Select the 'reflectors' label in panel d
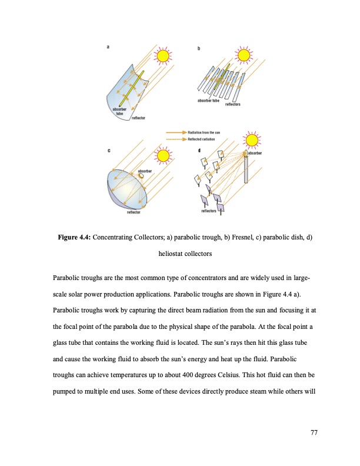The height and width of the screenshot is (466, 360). (209, 210)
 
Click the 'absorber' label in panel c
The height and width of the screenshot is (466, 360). (145, 171)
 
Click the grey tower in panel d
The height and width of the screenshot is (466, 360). (246, 170)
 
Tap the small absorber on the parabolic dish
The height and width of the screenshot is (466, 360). (141, 176)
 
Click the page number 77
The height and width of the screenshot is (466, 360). (314, 433)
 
